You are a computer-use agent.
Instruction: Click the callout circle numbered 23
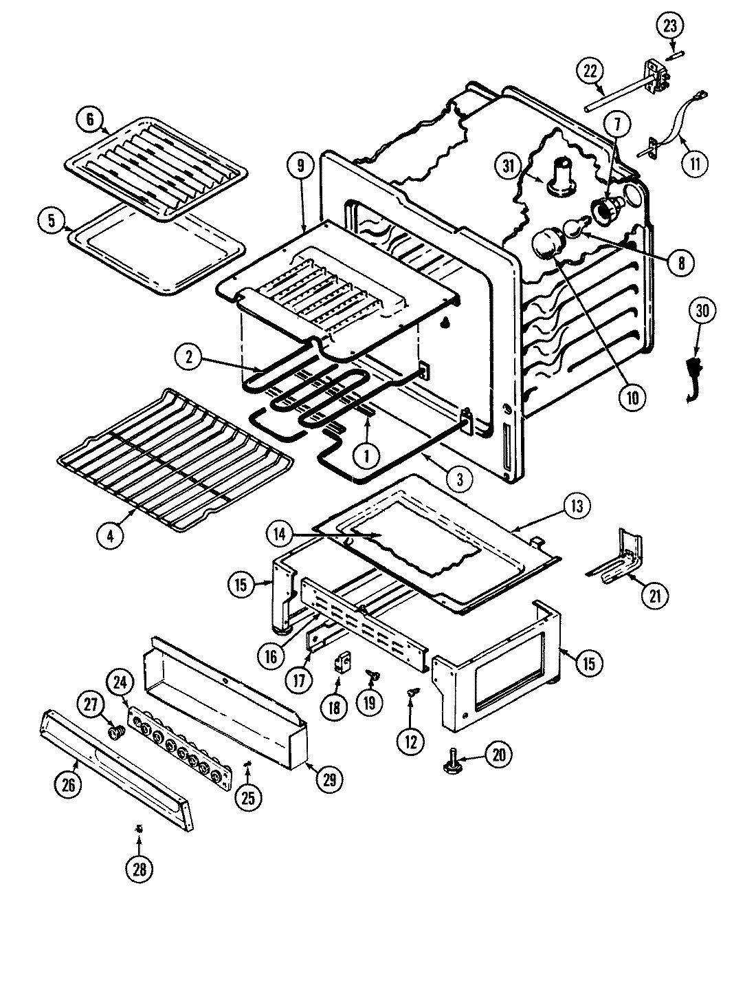click(670, 27)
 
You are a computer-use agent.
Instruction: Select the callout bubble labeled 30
click(702, 312)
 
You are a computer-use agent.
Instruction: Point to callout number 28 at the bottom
click(140, 869)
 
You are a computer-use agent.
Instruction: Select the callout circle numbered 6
click(89, 119)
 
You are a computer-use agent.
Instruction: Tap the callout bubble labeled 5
click(52, 221)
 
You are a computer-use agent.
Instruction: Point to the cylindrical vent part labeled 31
click(562, 173)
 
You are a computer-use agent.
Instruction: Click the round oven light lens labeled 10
click(546, 244)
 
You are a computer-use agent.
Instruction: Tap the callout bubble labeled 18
click(335, 708)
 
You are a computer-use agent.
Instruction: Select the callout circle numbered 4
click(111, 535)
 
